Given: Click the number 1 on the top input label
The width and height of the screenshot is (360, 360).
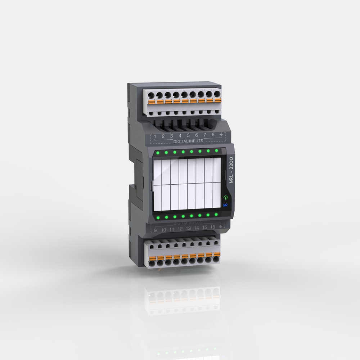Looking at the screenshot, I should click(155, 136).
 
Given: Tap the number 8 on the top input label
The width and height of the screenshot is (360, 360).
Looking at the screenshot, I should click(213, 135).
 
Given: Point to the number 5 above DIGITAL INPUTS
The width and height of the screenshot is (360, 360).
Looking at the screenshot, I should click(188, 135).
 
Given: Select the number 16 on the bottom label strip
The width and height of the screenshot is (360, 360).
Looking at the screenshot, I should click(213, 227).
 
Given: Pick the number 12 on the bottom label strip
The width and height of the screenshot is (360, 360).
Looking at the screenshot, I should click(180, 229).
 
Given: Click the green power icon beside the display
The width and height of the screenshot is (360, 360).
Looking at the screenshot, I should click(226, 198).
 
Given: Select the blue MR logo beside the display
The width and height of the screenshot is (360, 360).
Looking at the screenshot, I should click(226, 205).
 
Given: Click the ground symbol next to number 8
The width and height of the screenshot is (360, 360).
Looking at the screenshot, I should click(221, 134).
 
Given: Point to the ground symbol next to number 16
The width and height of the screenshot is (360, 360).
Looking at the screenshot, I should click(221, 227).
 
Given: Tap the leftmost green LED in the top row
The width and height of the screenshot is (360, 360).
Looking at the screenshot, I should click(158, 153).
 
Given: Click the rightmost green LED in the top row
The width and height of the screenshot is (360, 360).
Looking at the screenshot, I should click(216, 150).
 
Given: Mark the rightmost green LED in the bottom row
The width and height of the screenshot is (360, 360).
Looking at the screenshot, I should click(216, 215).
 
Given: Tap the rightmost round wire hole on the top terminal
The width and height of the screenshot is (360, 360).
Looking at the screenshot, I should click(217, 94).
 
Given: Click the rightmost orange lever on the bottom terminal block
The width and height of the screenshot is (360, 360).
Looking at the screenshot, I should click(217, 254).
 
